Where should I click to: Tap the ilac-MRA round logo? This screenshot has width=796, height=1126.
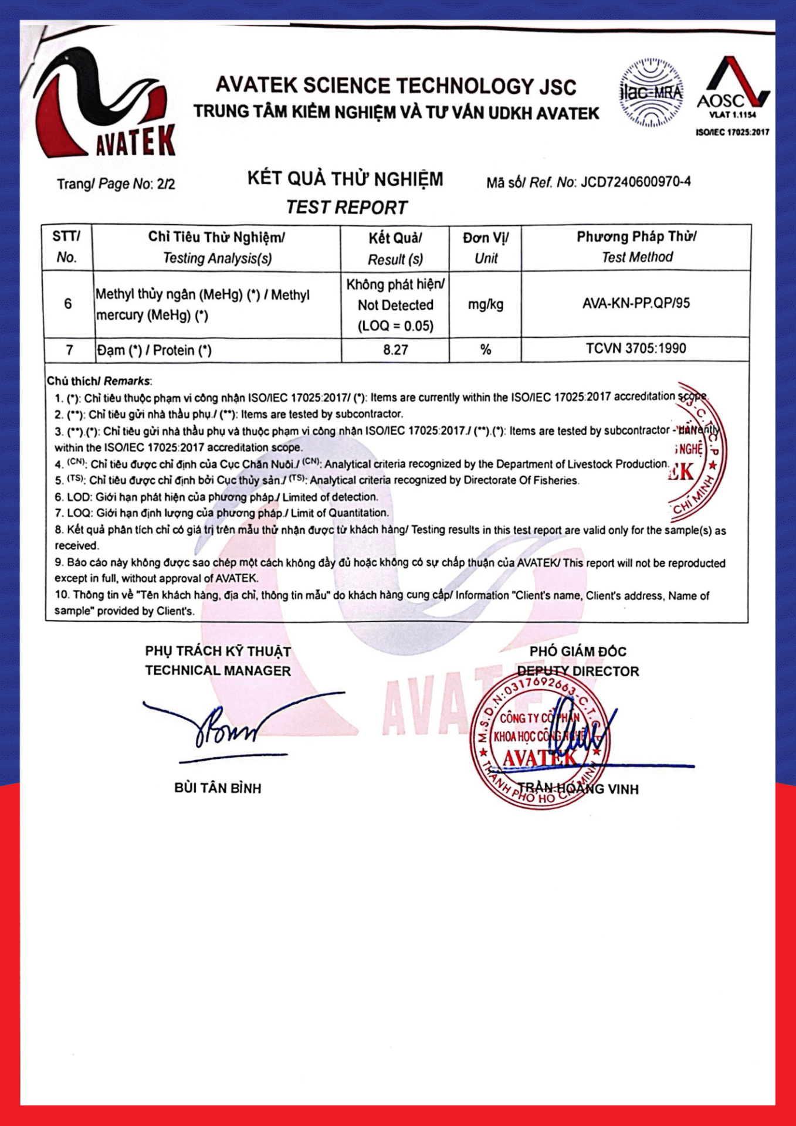point(651,93)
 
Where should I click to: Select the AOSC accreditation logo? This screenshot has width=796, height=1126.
point(733,88)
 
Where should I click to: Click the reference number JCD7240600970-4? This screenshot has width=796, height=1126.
point(635,182)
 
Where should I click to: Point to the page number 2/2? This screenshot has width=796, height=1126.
point(165,184)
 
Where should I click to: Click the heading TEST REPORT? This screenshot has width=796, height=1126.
point(347,208)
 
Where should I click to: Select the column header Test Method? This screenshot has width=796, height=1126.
point(637,257)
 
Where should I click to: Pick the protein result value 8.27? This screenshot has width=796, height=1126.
point(395,350)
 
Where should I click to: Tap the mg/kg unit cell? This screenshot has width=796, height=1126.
point(485,304)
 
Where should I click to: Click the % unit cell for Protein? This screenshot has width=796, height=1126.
point(485,350)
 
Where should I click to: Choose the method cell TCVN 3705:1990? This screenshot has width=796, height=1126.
point(636,348)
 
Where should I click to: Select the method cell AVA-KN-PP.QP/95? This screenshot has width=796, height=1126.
point(636,304)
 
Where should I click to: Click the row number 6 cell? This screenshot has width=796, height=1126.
point(68,304)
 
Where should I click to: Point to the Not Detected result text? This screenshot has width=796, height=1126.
point(395,305)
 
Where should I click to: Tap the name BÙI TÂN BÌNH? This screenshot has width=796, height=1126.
point(218,788)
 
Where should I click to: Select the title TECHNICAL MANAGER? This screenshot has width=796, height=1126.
point(218,671)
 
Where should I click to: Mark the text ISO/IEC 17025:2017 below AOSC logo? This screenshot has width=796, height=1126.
point(732,133)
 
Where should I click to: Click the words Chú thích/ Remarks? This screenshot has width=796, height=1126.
point(99,381)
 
